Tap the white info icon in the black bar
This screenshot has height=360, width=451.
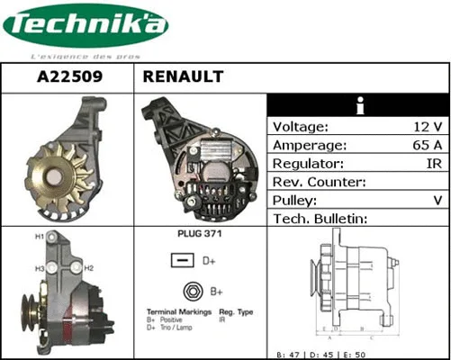(x=359, y=106)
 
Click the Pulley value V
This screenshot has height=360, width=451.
(x=437, y=201)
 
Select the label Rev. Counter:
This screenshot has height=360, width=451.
(x=319, y=183)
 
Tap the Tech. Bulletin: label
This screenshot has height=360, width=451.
(x=322, y=220)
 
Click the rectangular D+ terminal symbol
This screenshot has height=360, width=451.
(x=182, y=261)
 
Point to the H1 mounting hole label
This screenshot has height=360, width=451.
(x=40, y=237)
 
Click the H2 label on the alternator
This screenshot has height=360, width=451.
(x=89, y=267)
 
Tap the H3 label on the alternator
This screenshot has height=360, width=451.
(x=40, y=268)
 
